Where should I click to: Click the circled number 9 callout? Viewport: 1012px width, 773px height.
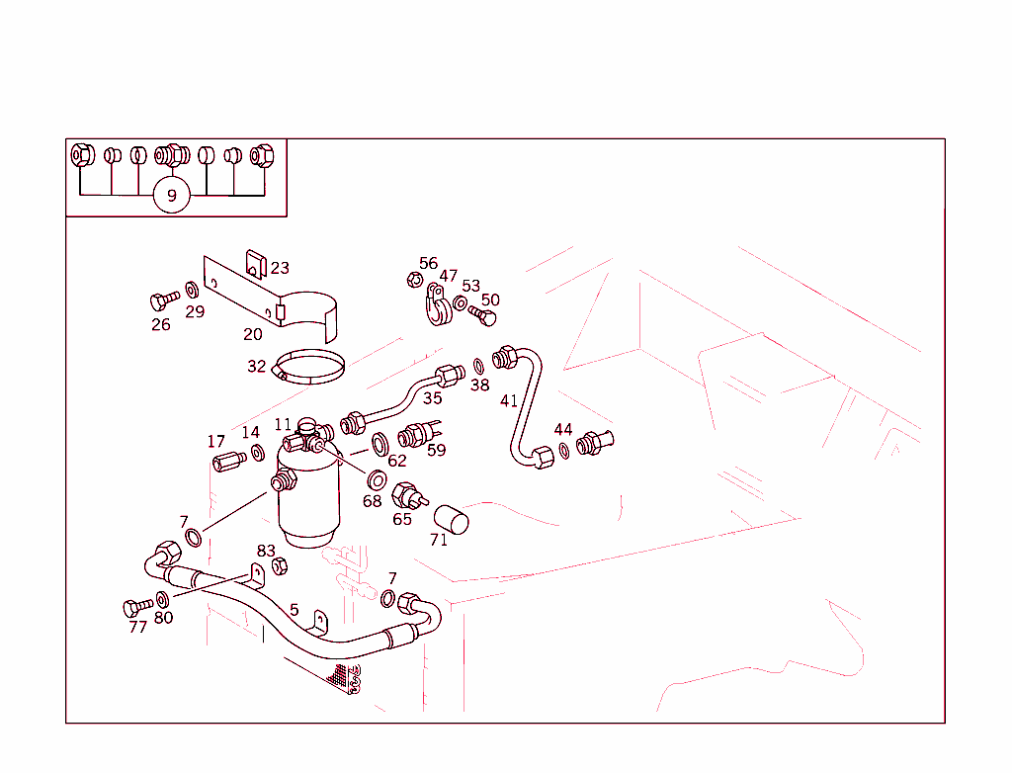click(172, 195)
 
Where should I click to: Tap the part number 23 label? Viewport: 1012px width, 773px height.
click(280, 267)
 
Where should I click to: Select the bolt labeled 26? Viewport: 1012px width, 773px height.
click(165, 301)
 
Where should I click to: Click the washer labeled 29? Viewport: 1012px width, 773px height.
click(192, 290)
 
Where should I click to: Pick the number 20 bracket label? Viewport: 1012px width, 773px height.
click(253, 334)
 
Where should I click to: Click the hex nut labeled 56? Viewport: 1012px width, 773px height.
click(414, 280)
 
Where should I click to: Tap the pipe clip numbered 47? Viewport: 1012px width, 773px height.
click(438, 304)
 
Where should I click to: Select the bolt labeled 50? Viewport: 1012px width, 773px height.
click(482, 316)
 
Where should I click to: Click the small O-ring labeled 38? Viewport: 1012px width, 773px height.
click(479, 367)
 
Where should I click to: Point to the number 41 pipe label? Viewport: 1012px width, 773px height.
click(509, 401)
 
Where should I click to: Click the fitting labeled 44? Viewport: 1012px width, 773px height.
click(594, 443)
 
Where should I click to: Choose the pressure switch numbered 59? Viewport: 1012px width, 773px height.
click(417, 434)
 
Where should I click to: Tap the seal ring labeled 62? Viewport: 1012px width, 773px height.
click(380, 444)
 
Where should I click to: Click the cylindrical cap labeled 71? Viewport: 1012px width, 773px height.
click(451, 520)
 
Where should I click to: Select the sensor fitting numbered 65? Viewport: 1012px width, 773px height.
click(408, 496)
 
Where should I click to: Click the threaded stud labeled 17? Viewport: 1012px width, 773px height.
click(229, 462)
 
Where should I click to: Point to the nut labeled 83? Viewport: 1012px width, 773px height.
click(280, 567)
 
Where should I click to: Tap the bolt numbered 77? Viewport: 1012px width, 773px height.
click(137, 607)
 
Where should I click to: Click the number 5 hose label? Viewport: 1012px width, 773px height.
click(295, 610)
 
